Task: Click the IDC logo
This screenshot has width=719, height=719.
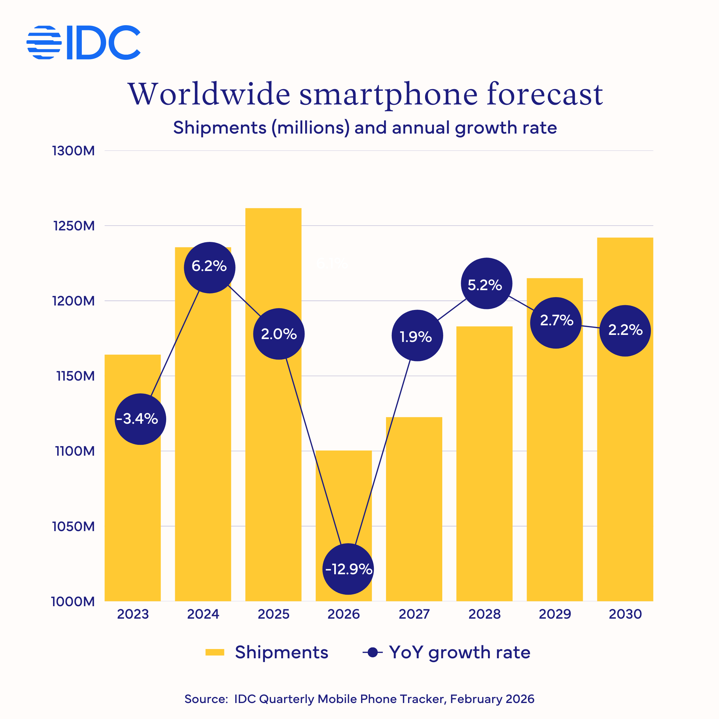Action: (83, 43)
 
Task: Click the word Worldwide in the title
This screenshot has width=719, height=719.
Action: (208, 95)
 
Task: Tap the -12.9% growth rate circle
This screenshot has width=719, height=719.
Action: (348, 569)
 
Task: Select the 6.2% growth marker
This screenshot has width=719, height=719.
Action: (210, 267)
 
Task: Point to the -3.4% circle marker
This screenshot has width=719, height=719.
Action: (140, 419)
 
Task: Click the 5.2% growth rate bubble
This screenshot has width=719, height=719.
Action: (486, 283)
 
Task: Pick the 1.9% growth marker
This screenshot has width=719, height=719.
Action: (417, 335)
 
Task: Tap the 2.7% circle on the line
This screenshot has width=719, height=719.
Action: (556, 323)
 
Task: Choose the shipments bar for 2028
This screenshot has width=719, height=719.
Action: (484, 465)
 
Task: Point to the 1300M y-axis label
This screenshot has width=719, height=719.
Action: (73, 151)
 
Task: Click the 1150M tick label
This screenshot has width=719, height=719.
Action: (75, 376)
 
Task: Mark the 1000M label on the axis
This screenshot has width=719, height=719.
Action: (73, 601)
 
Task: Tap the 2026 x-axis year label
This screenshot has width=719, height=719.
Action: (344, 615)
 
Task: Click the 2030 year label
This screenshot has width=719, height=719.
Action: (625, 615)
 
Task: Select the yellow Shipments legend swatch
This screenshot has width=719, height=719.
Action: (215, 653)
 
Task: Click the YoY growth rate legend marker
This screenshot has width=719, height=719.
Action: (373, 653)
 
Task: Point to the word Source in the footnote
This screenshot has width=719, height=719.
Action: (205, 699)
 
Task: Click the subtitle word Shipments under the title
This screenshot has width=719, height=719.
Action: (220, 128)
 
